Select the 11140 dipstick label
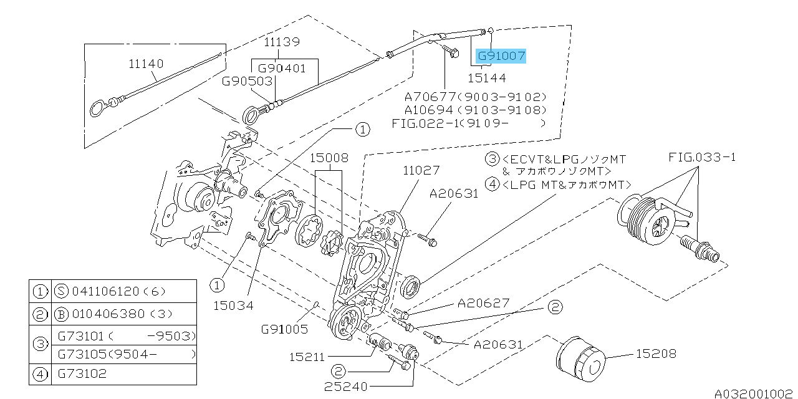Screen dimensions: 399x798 click(x=147, y=64)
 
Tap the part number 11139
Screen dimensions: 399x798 click(x=281, y=42)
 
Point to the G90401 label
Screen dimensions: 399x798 click(x=282, y=68)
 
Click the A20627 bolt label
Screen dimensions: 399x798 click(x=483, y=304)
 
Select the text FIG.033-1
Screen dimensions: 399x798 click(x=703, y=157)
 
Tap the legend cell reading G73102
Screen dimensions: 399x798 click(x=82, y=373)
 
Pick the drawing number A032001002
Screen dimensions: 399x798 click(x=754, y=393)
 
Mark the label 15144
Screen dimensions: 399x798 click(x=488, y=78)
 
